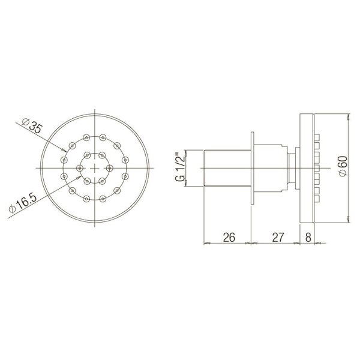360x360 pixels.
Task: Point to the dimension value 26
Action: [228, 237]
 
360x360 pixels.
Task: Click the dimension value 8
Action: [307, 237]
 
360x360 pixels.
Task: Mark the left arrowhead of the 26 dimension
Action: [207, 243]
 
